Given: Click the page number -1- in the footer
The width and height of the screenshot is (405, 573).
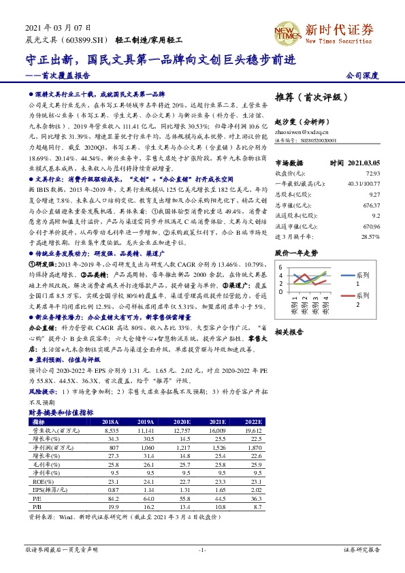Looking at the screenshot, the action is [202, 549].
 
